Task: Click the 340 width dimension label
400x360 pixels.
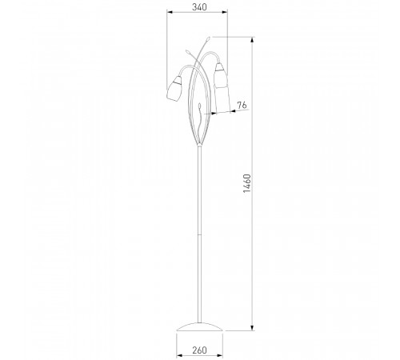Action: [199, 7]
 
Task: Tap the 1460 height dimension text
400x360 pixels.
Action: [247, 183]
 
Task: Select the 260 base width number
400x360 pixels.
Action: [199, 350]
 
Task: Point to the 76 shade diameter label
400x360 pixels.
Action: [242, 105]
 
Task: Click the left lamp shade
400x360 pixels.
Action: [174, 89]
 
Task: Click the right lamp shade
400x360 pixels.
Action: [221, 75]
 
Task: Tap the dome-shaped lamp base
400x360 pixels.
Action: [199, 327]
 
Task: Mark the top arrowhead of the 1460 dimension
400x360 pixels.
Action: [252, 40]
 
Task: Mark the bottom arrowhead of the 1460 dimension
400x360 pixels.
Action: [252, 327]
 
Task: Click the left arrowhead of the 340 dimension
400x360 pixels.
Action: [170, 12]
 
